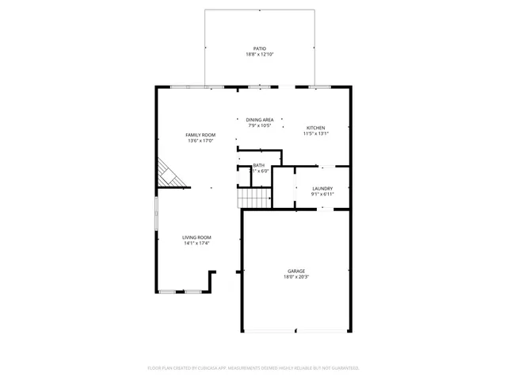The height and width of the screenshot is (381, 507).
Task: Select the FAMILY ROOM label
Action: pyautogui.click(x=200, y=135)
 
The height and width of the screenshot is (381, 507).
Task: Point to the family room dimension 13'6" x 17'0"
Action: pyautogui.click(x=200, y=141)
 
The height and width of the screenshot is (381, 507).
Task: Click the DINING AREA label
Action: pyautogui.click(x=260, y=119)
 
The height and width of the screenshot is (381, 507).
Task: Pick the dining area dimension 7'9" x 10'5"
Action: pyautogui.click(x=260, y=125)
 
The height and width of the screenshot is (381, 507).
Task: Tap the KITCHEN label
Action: pyautogui.click(x=315, y=128)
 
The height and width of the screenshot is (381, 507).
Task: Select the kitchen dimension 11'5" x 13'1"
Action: pyautogui.click(x=315, y=134)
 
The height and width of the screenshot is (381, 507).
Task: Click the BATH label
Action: pyautogui.click(x=259, y=164)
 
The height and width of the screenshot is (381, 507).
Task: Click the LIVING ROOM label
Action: pyautogui.click(x=197, y=237)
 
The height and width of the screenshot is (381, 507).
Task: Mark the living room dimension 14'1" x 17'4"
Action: pyautogui.click(x=197, y=244)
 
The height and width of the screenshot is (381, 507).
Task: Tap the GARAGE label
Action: pyautogui.click(x=295, y=271)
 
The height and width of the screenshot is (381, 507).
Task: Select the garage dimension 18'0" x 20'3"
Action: pyautogui.click(x=295, y=278)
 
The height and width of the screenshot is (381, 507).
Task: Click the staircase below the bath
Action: pyautogui.click(x=255, y=198)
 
